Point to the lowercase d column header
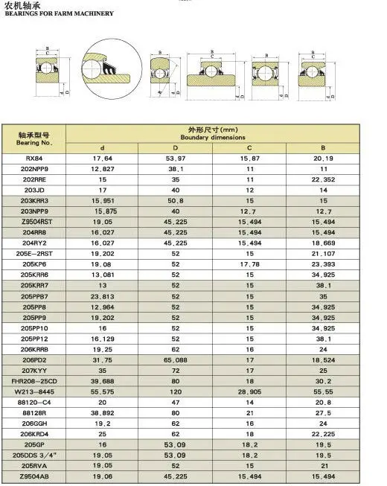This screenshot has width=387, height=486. coord(102,147)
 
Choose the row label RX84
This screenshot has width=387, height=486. coord(35,158)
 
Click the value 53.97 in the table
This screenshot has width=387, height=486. coord(176,158)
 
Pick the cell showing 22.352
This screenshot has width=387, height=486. coord(324,179)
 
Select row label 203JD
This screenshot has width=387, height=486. coord(35,190)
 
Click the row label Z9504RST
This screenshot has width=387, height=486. coord(35,222)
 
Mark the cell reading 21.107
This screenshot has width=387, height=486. coord(324,254)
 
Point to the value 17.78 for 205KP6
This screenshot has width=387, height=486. coord(250,264)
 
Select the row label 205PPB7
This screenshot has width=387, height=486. coord(35,296)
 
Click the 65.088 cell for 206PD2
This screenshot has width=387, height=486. coord(176,360)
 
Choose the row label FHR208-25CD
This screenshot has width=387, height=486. coord(35,381)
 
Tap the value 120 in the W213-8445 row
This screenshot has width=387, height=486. coord(176,391)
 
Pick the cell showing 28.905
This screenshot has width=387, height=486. coord(250,391)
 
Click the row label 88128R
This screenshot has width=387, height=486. coord(35,413)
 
